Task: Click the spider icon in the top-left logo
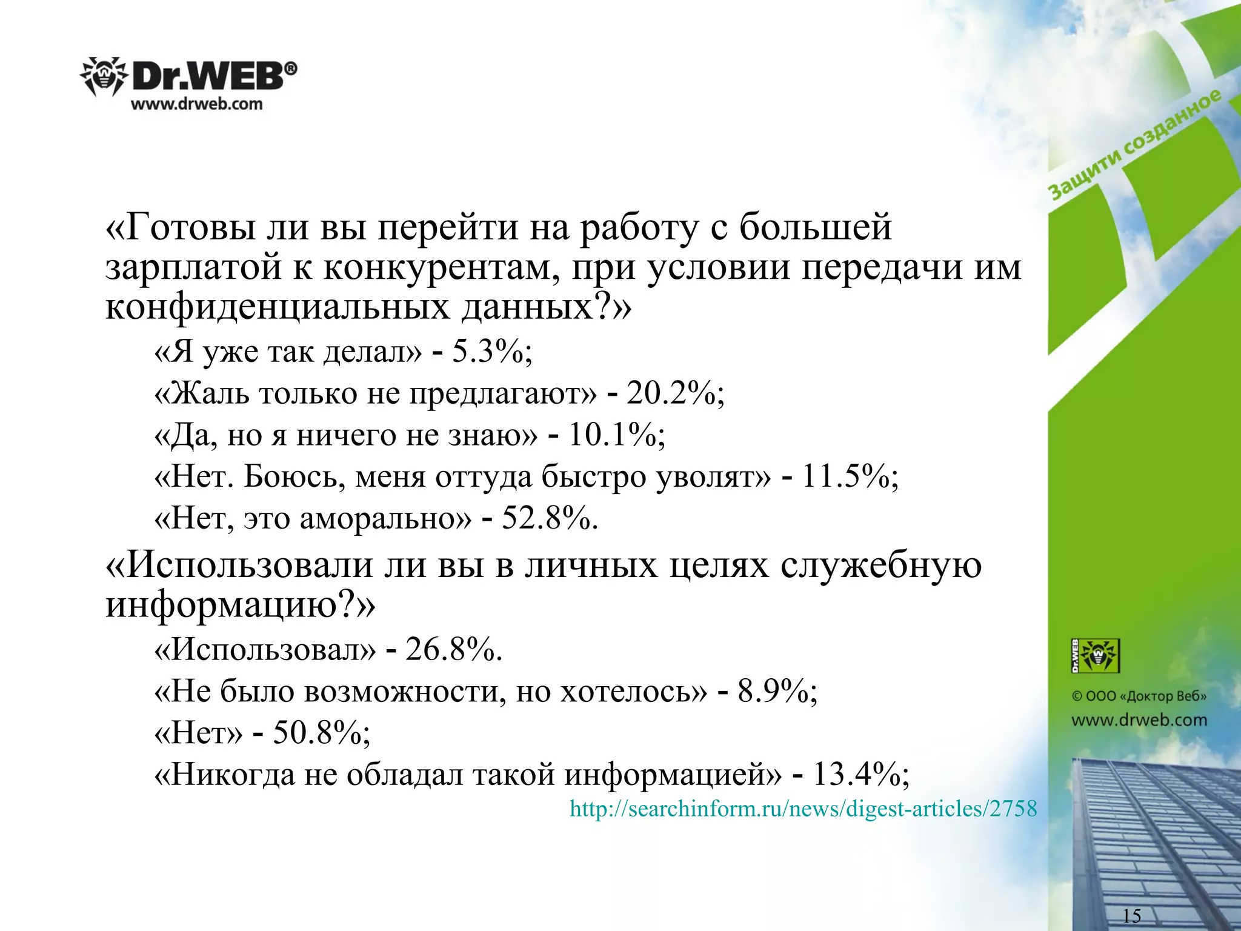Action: pyautogui.click(x=103, y=77)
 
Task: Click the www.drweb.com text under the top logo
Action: pyautogui.click(x=197, y=104)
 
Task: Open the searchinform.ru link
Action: pyautogui.click(x=803, y=809)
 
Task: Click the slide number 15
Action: pyautogui.click(x=1131, y=915)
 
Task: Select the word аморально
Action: pyautogui.click(x=385, y=519)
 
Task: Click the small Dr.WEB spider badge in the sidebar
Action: pyautogui.click(x=1095, y=655)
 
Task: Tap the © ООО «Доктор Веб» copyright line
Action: pyautogui.click(x=1139, y=696)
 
